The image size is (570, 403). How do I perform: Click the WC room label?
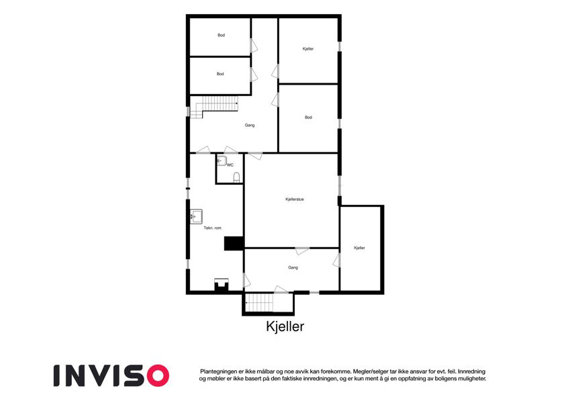pos(230,165)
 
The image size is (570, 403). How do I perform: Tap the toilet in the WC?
pos(236,177)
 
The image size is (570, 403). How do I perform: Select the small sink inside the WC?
pos(222,161)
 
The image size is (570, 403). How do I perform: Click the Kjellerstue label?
pos(295,199)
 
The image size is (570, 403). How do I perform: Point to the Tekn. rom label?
pos(212,228)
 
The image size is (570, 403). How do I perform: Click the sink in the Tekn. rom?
pos(197,216)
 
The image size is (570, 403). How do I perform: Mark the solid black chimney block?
pos(234,243)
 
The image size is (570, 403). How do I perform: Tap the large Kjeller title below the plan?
pos(285,326)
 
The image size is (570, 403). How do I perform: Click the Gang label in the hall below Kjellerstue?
pos(293,268)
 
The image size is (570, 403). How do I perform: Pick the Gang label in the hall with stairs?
pos(250,125)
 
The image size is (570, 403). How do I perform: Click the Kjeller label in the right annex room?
pos(359,248)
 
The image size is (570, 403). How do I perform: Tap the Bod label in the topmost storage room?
pos(222,36)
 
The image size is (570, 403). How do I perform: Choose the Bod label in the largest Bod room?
pos(309,118)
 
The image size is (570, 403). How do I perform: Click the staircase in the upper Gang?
pos(214,107)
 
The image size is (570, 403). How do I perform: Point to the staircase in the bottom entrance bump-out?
pos(259,303)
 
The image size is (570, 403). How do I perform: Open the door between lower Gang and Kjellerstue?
pos(302,251)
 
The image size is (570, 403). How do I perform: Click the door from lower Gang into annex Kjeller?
pos(336,261)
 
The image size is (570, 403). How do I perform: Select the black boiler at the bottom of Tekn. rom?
pos(222,285)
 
